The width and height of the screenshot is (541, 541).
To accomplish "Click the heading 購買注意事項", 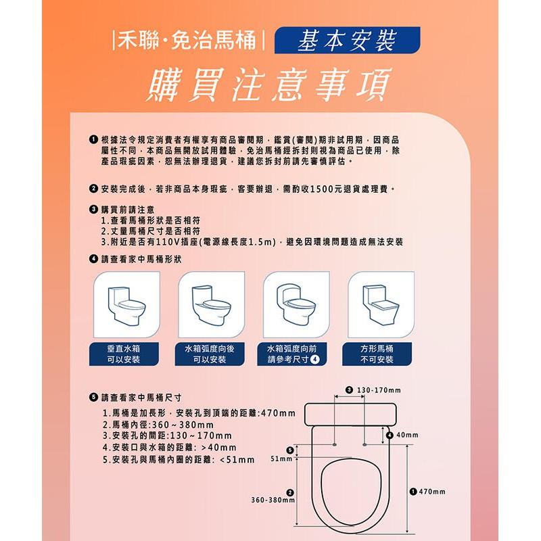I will tap(270, 85).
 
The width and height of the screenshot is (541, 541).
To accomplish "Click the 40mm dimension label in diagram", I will tap(407, 434).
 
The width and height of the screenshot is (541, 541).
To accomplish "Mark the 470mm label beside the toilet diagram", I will tap(432, 491).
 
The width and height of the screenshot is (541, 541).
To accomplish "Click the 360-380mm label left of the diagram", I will tap(273, 500).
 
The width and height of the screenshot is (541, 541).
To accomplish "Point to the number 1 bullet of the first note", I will tap(92, 139).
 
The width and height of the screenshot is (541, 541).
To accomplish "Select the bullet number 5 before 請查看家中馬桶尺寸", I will tap(93, 397).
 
